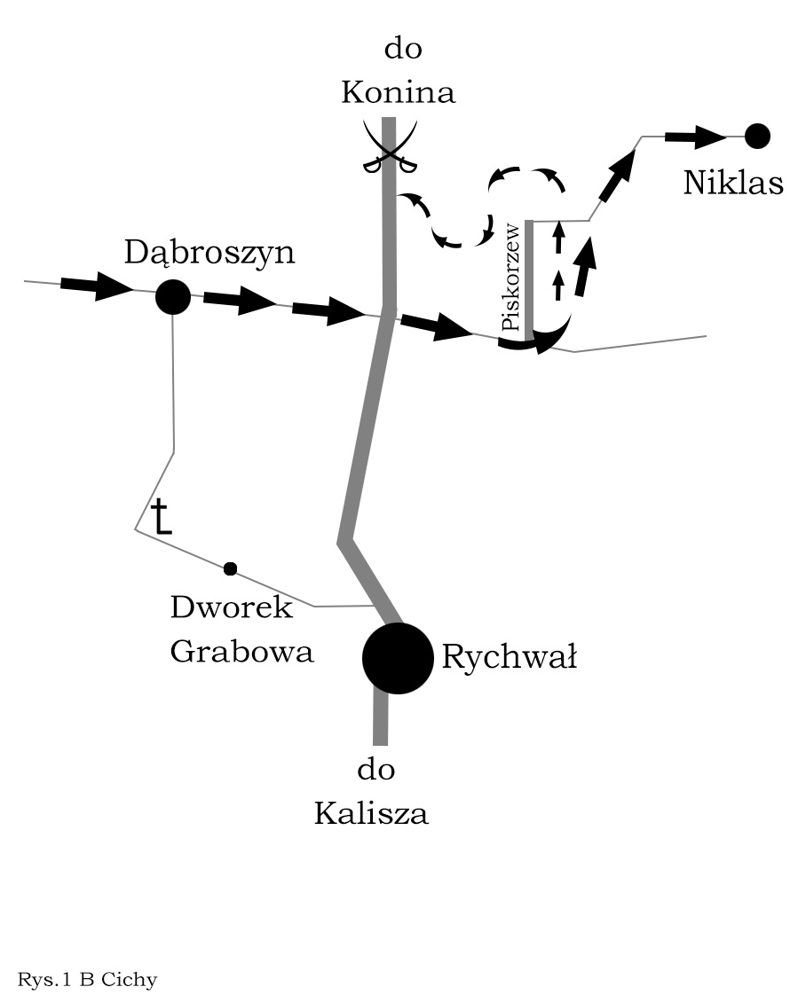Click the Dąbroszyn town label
pos(209,254)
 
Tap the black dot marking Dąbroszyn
pos(173,297)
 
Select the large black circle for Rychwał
pos(397,658)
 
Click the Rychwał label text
pos(509,659)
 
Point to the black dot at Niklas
pos(757,136)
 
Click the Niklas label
pos(733,184)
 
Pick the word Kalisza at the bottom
pos(371,813)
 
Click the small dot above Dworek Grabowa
pos(231,568)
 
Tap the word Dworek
pos(231,608)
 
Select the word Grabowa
pos(241,653)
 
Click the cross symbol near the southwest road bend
pos(160,517)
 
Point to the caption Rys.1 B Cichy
pos(87,980)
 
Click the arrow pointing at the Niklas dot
pos(696,137)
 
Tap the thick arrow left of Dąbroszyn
pos(95,286)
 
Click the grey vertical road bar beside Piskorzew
pos(529,279)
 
